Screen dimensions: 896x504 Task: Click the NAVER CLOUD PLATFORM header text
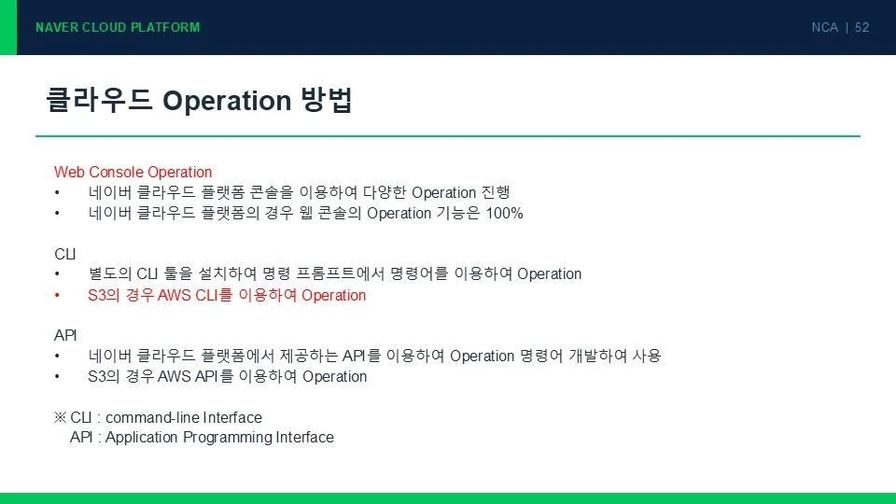click(x=118, y=27)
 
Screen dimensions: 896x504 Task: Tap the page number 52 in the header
click(x=861, y=27)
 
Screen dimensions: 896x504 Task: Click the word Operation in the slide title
click(x=227, y=101)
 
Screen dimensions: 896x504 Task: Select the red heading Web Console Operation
click(x=133, y=172)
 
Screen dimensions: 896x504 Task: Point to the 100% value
click(x=505, y=213)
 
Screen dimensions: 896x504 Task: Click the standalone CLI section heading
click(x=65, y=254)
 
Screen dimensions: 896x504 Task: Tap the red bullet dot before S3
click(x=57, y=296)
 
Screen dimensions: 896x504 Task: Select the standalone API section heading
click(x=65, y=335)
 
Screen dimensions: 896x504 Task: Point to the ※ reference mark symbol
click(x=60, y=417)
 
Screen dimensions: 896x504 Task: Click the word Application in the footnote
click(x=142, y=438)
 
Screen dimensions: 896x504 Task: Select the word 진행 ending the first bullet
click(x=496, y=192)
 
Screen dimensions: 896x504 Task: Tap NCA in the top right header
click(x=824, y=27)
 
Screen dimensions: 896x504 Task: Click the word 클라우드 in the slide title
click(x=99, y=100)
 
